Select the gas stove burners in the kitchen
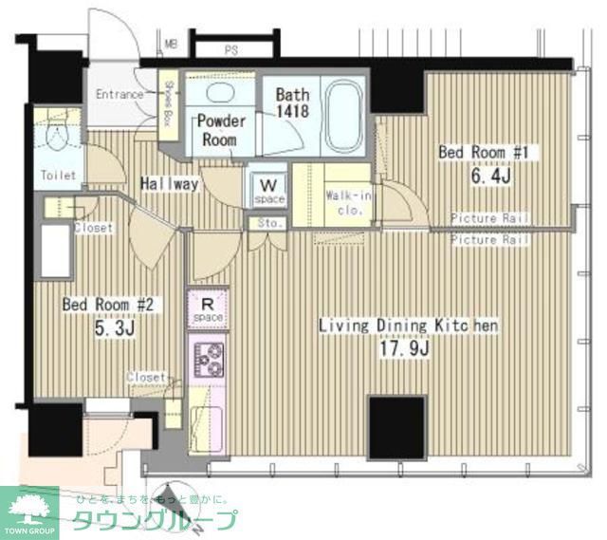(x=210, y=359)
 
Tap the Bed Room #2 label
(x=107, y=305)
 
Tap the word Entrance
(x=120, y=95)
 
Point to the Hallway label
(x=170, y=183)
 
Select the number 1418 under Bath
(x=291, y=112)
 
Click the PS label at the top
(x=230, y=48)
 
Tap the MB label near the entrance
(x=171, y=44)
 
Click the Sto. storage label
(x=267, y=224)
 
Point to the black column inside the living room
(x=395, y=428)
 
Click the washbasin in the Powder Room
(x=219, y=95)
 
